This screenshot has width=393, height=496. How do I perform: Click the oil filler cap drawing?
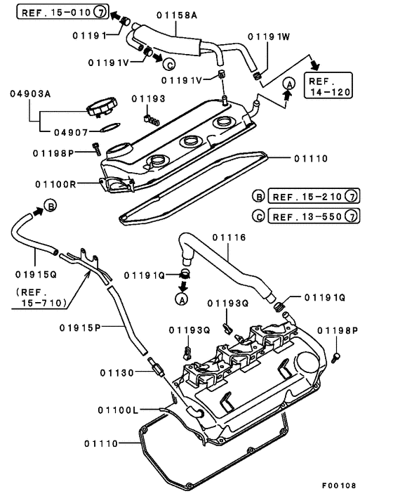pyautogui.click(x=98, y=109)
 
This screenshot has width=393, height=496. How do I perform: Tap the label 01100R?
pyautogui.click(x=55, y=184)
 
